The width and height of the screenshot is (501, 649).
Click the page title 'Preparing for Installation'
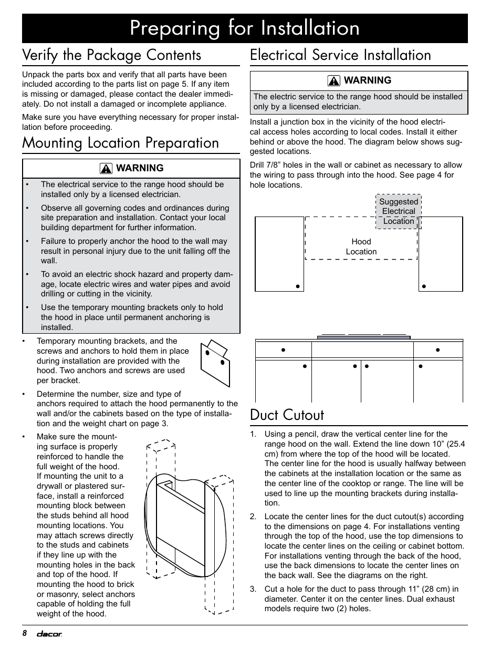[x=245, y=28]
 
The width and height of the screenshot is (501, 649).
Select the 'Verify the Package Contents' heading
[x=111, y=55]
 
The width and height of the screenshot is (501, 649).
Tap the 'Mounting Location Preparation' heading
[x=120, y=143]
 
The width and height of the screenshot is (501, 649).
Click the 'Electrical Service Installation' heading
[x=340, y=55]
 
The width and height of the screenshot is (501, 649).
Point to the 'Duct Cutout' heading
[x=287, y=415]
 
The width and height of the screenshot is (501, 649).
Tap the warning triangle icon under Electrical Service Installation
[x=334, y=81]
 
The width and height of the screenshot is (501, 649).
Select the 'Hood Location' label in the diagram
[x=361, y=246]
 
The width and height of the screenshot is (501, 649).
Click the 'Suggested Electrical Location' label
[x=399, y=211]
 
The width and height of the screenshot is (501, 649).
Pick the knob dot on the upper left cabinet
[x=297, y=286]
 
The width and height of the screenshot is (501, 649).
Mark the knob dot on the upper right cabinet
[x=424, y=286]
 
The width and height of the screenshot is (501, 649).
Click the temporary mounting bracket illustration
[x=215, y=363]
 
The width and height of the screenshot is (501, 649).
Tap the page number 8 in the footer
[x=24, y=633]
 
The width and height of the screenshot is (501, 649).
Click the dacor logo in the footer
[x=49, y=634]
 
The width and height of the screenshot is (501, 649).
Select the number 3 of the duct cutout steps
[x=253, y=589]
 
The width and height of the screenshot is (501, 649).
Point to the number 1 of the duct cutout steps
[x=253, y=434]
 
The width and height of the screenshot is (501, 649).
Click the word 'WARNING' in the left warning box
[x=140, y=168]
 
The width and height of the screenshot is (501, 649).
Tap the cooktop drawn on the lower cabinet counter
[x=363, y=335]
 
